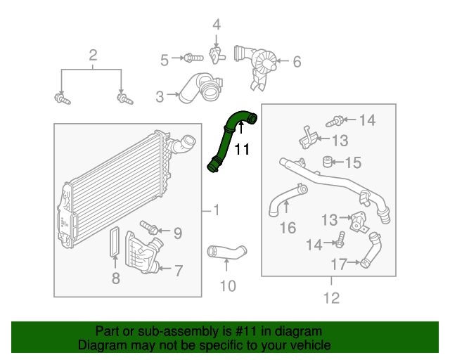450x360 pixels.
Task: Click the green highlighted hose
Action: click(226, 141)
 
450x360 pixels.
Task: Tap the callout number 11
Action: click(242, 149)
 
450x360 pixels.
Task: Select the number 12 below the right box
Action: click(330, 298)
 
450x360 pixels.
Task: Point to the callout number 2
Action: click(92, 56)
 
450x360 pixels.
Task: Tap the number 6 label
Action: click(296, 62)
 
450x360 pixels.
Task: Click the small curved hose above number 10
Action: click(226, 251)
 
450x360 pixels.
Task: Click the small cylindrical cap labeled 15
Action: click(326, 163)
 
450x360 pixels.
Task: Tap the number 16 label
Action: click(288, 227)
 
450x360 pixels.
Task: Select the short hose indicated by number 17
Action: click(370, 251)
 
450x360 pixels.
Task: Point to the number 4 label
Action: click(217, 25)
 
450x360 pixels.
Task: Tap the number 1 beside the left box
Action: click(216, 210)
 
